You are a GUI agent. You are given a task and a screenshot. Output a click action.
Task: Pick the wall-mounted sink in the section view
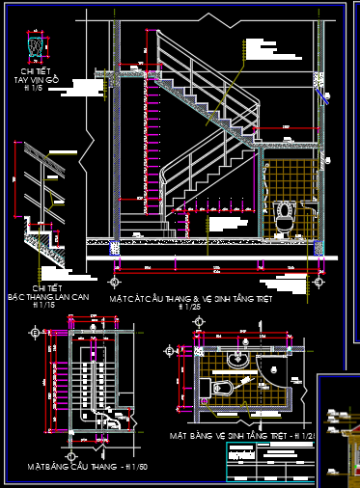click(x=308, y=204)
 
